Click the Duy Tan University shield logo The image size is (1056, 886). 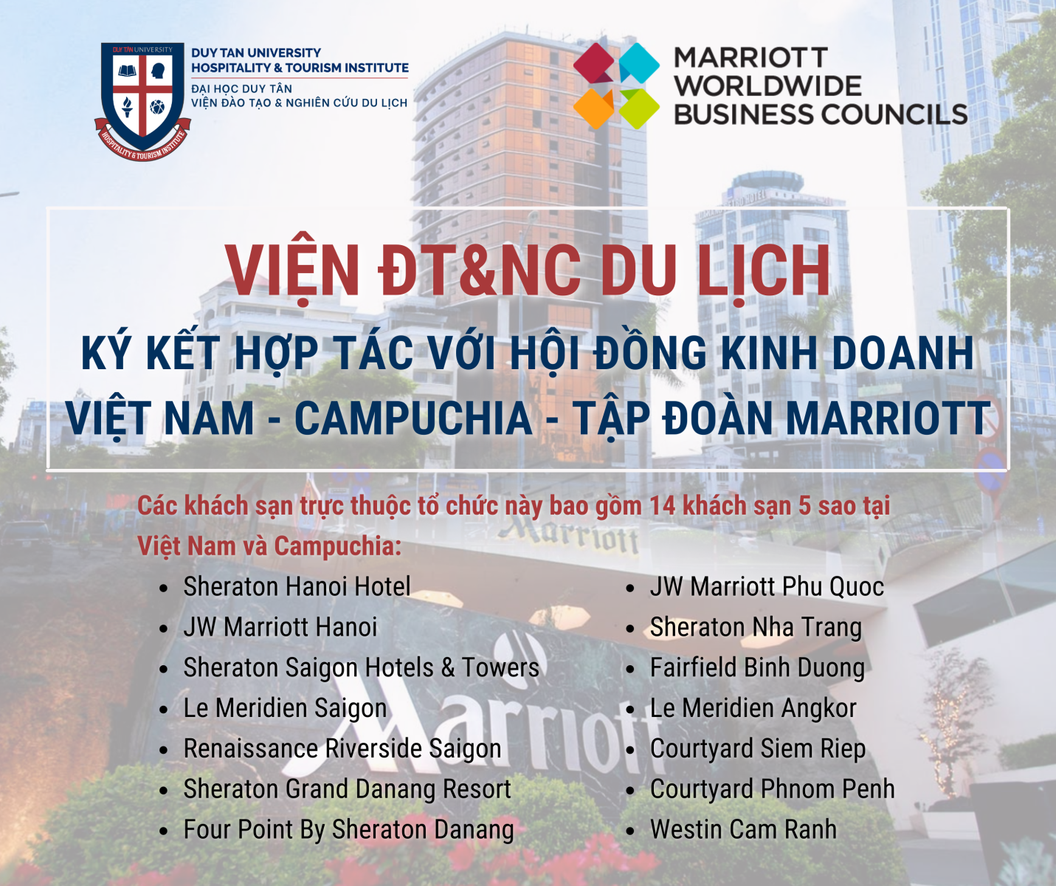pyautogui.click(x=142, y=101)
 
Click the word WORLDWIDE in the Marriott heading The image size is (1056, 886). pyautogui.click(x=767, y=86)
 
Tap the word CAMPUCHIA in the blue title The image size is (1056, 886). pyautogui.click(x=413, y=418)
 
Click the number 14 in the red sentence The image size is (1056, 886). pyautogui.click(x=663, y=506)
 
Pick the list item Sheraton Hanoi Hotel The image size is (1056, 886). pyautogui.click(x=297, y=586)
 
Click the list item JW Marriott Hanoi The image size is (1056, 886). pyautogui.click(x=280, y=627)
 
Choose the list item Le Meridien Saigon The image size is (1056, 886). pyautogui.click(x=286, y=708)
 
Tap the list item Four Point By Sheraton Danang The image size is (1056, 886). pyautogui.click(x=348, y=830)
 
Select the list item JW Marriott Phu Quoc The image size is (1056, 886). pyautogui.click(x=767, y=586)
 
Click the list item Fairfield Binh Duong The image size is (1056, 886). pyautogui.click(x=757, y=668)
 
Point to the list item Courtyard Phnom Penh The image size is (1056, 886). pyautogui.click(x=773, y=789)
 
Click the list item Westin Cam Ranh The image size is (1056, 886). pyautogui.click(x=743, y=829)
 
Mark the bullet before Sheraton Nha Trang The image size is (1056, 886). pyautogui.click(x=630, y=629)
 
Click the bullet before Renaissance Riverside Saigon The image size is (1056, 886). pyautogui.click(x=163, y=750)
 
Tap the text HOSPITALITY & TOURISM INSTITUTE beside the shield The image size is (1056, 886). pyautogui.click(x=300, y=67)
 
